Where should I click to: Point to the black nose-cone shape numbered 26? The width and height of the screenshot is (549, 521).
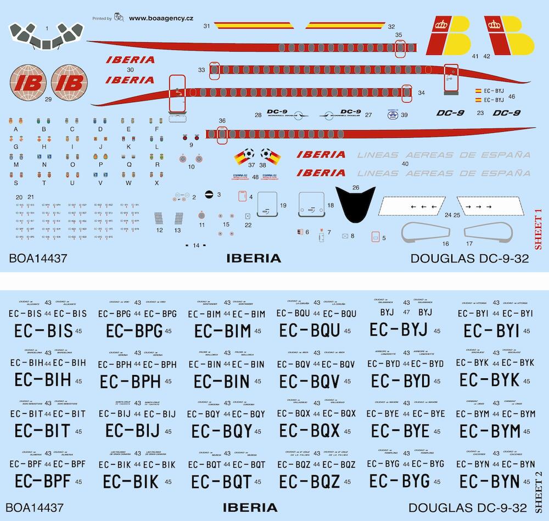(356, 205)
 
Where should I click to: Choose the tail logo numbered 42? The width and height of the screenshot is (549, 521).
(509, 34)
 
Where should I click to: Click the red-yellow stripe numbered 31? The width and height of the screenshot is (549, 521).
(250, 25)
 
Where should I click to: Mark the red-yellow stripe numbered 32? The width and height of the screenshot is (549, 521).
(345, 25)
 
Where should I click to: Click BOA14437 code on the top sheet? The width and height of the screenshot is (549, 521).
(38, 259)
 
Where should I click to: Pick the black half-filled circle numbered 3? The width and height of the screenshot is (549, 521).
(209, 195)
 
